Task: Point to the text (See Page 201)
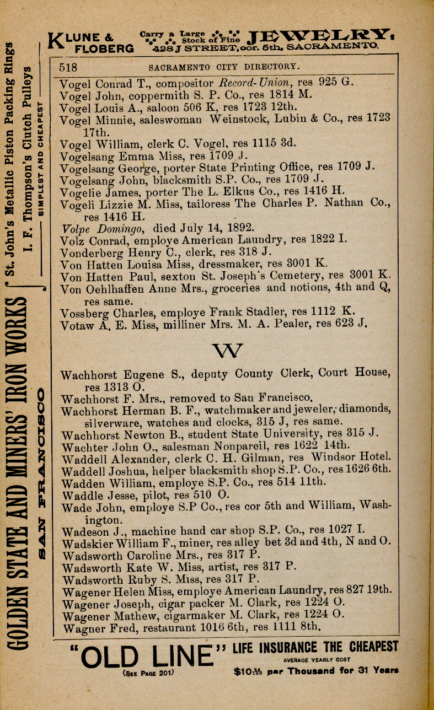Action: pos(149,673)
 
